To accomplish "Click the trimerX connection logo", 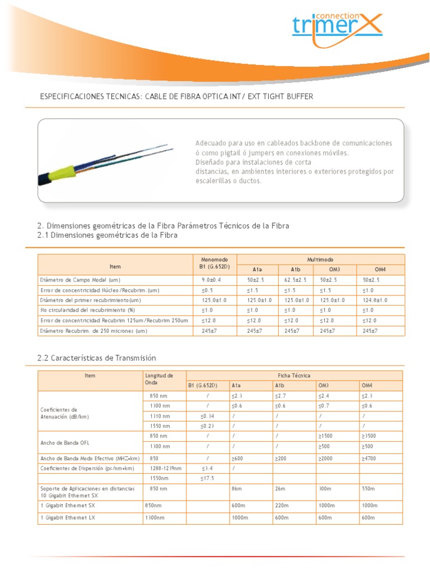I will pos(336,27).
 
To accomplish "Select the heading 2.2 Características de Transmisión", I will pos(96,358).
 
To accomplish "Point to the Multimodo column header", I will pos(320,260).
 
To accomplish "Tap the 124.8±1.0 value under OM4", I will pos(375,300).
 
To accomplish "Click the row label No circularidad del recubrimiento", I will pos(88,310).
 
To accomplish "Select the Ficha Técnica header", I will pos(295,375).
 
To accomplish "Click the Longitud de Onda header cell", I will pos(159,378).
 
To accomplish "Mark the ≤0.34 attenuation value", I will pos(207,415).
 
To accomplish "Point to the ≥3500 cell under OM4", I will pos(370,436).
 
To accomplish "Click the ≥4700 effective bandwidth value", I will pos(370,458).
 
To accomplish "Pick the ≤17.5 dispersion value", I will pos(207,478).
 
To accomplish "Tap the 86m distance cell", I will pos(236,489).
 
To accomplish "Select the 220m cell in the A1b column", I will pos(281,505).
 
